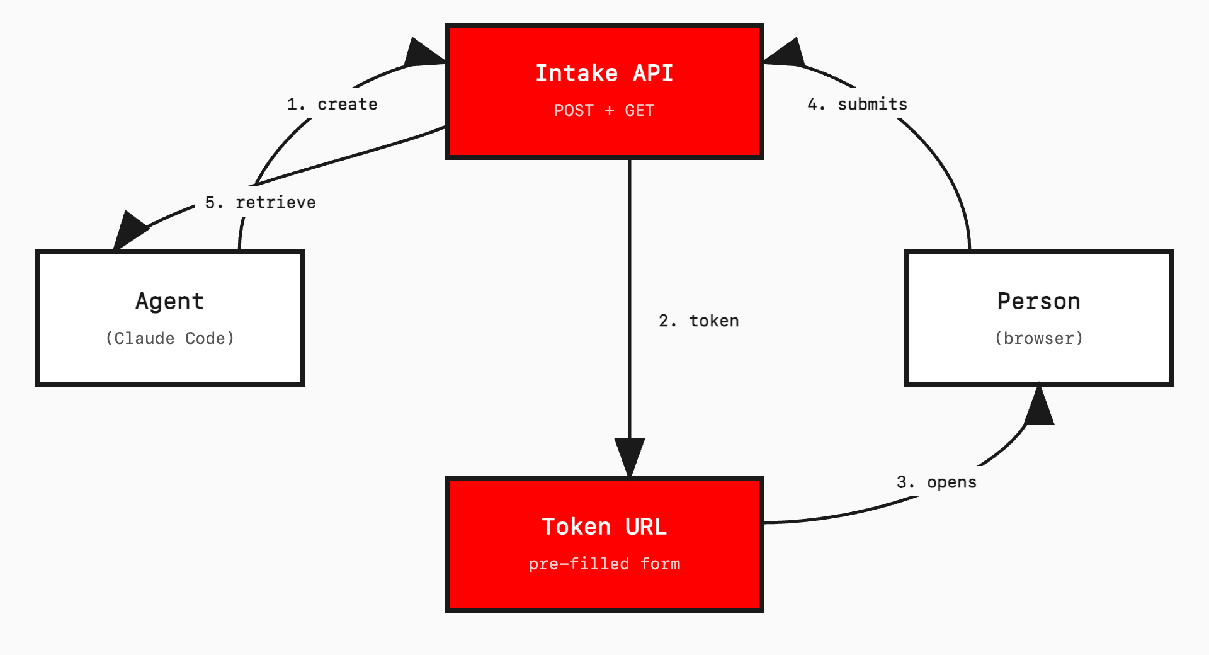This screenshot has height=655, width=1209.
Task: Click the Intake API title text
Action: [x=604, y=73]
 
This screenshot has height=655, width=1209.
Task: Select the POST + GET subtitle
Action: [x=604, y=110]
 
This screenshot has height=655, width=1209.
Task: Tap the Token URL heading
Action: [x=604, y=527]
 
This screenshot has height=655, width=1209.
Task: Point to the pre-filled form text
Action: [x=604, y=564]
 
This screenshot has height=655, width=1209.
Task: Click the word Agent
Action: [x=169, y=301]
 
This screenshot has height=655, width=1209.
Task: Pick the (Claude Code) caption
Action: [x=169, y=338]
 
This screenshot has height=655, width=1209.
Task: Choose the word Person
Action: [x=1038, y=301]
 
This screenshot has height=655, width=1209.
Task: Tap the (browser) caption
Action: [x=1038, y=338]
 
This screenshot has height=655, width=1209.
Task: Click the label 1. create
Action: [x=332, y=104]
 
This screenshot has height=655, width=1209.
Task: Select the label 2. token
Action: [x=698, y=321]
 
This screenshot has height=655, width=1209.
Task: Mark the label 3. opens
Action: [x=936, y=482]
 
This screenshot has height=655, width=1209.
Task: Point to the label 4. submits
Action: [x=857, y=104]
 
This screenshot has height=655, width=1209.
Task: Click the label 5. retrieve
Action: [x=260, y=202]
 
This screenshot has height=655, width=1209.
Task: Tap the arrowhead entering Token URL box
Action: [x=630, y=455]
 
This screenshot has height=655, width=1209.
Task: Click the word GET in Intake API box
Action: [x=639, y=110]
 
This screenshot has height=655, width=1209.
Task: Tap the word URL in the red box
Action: [x=645, y=527]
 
